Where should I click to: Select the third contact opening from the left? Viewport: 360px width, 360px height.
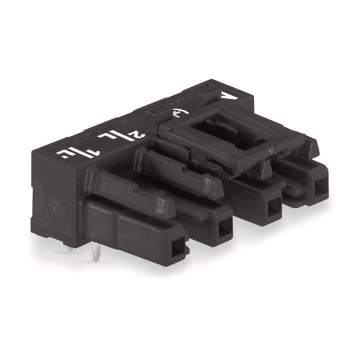click(x=273, y=206)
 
